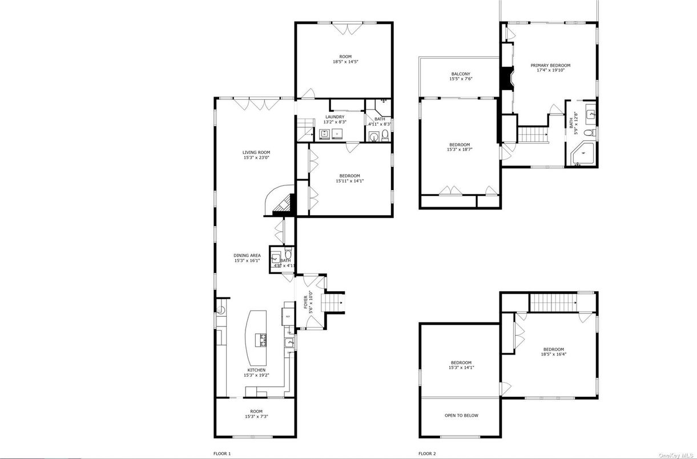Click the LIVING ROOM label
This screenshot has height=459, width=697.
(256, 152)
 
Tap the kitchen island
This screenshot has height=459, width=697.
(257, 339)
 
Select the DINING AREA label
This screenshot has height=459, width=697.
(248, 255)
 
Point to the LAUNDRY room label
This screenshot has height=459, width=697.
(335, 117)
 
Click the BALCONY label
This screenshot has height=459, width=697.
(461, 74)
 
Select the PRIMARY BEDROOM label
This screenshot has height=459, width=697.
(550, 66)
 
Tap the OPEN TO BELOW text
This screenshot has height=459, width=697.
(461, 416)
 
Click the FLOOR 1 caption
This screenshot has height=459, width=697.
(222, 454)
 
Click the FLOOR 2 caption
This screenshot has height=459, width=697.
(426, 454)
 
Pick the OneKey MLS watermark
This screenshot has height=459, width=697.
(676, 454)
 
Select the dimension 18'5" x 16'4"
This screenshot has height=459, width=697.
(554, 354)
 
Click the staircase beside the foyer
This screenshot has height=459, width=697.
(333, 303)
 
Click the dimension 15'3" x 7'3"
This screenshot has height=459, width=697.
(256, 417)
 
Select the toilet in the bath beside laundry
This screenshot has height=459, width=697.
(385, 135)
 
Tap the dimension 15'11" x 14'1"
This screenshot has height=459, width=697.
(349, 181)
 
